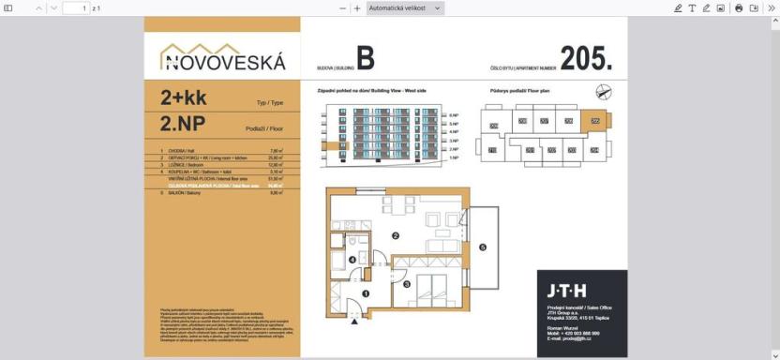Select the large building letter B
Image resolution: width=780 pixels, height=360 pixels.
tap(365, 59)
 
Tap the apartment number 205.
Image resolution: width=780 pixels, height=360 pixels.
tap(586, 59)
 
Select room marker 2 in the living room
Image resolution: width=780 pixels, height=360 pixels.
tap(396, 235)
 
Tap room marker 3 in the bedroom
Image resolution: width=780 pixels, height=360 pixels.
tap(406, 283)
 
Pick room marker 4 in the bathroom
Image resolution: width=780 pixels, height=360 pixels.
tap(352, 259)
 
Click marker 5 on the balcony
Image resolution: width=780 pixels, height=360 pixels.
tap(483, 247)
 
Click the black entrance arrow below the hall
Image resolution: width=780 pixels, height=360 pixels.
tap(353, 322)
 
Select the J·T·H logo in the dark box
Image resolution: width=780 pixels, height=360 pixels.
tap(567, 291)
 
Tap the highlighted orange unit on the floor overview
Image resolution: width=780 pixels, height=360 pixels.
tap(593, 120)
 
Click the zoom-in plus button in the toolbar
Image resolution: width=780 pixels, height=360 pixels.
tap(357, 7)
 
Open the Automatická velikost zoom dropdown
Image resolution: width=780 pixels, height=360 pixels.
tap(404, 7)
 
